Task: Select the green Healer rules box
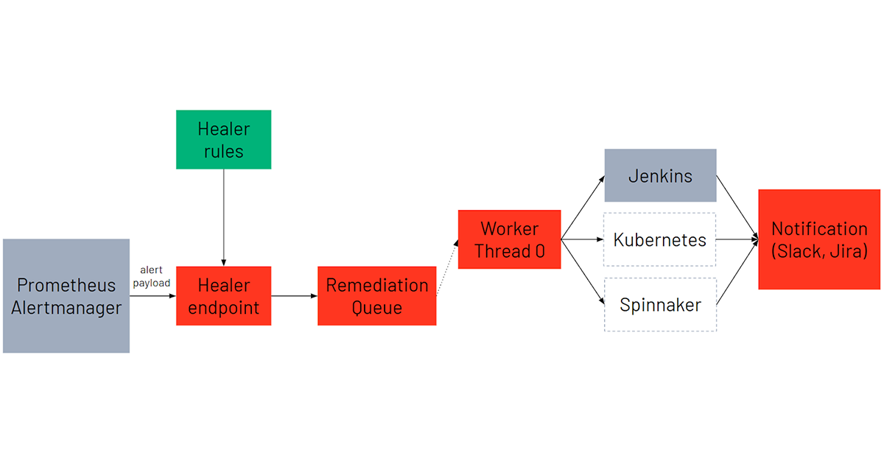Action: (x=223, y=139)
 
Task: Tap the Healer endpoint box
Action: (x=223, y=295)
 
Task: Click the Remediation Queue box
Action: (x=376, y=295)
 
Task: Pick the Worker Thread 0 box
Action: (x=509, y=239)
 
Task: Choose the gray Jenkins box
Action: (x=660, y=175)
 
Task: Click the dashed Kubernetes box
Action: (x=660, y=239)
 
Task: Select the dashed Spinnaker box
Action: (x=660, y=304)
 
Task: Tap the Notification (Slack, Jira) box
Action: (x=819, y=239)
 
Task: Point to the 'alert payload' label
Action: (x=152, y=276)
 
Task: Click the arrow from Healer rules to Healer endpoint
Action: (x=223, y=217)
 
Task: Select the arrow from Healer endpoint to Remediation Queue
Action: (x=294, y=296)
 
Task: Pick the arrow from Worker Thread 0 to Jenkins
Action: (x=582, y=208)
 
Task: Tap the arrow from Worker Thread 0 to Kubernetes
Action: (x=582, y=239)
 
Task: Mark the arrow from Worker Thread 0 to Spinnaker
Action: (x=582, y=271)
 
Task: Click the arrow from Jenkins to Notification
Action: (x=737, y=206)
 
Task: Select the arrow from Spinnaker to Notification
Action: (x=737, y=273)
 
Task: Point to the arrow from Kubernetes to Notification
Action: (x=737, y=239)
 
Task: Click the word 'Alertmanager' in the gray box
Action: (x=66, y=308)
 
